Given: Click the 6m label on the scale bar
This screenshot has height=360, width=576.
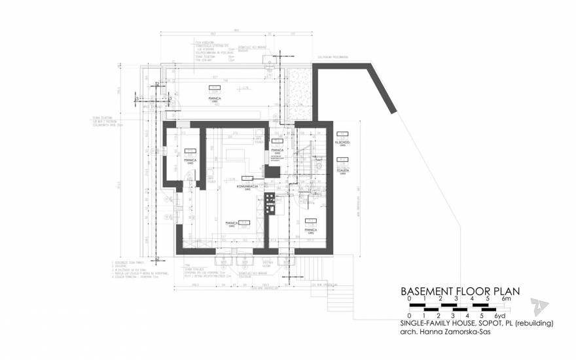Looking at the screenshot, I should click(x=505, y=300).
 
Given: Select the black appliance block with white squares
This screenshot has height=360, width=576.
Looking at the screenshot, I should click(x=269, y=203).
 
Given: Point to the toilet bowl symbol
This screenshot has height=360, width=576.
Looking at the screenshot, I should click(x=320, y=167).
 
